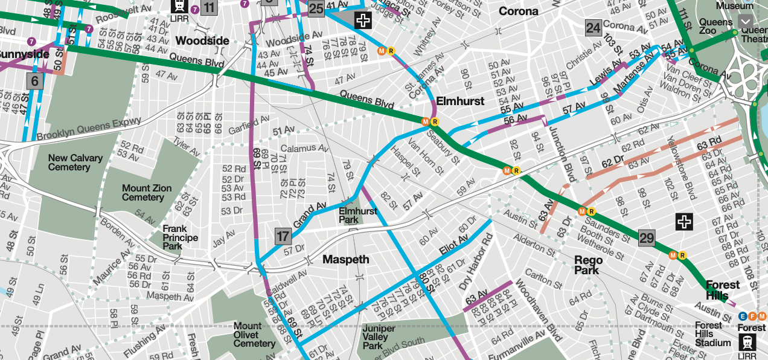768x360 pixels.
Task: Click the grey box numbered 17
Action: [x=283, y=236]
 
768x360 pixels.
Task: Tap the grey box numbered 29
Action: [x=646, y=237]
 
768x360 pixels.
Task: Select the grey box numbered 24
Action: [x=593, y=28]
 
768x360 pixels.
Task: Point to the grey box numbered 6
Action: [x=34, y=81]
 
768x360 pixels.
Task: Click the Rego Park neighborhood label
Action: [x=588, y=265]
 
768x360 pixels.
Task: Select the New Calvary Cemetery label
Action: [x=75, y=162]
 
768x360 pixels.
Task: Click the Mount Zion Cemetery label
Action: [x=147, y=193]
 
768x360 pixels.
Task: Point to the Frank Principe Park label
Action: [x=180, y=237]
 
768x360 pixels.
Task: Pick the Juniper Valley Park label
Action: [x=379, y=337]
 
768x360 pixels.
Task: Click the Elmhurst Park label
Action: [x=357, y=216]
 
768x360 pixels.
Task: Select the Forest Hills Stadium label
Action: [x=712, y=334]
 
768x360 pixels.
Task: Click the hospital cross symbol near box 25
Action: [x=363, y=21]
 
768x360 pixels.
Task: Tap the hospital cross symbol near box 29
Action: [x=684, y=222]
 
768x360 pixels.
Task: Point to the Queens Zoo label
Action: [x=715, y=26]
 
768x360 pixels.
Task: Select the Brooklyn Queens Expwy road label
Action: [x=89, y=129]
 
